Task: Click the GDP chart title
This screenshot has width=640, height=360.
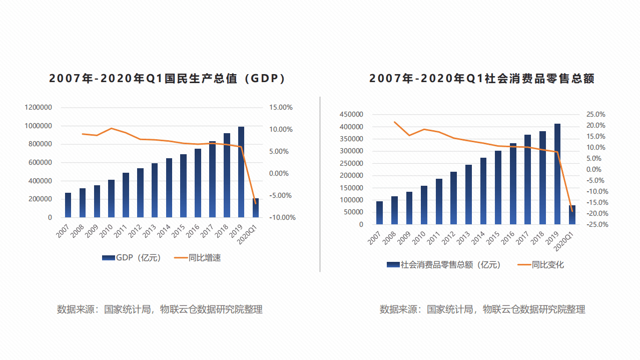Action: pyautogui.click(x=167, y=79)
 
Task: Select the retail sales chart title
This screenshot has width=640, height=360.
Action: pyautogui.click(x=482, y=79)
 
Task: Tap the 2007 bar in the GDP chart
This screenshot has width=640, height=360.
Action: pyautogui.click(x=68, y=205)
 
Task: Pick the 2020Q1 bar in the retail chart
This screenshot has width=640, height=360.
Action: pyautogui.click(x=572, y=215)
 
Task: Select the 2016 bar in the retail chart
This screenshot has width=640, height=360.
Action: pyautogui.click(x=513, y=184)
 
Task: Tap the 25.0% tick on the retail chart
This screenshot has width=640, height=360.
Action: pyautogui.click(x=596, y=114)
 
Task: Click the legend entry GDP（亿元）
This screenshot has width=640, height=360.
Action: pyautogui.click(x=132, y=258)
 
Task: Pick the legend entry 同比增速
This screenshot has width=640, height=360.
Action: pyautogui.click(x=198, y=258)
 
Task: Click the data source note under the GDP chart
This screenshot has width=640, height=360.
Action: pyautogui.click(x=160, y=309)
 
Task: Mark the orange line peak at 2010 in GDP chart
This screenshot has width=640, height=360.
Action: pyautogui.click(x=111, y=128)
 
